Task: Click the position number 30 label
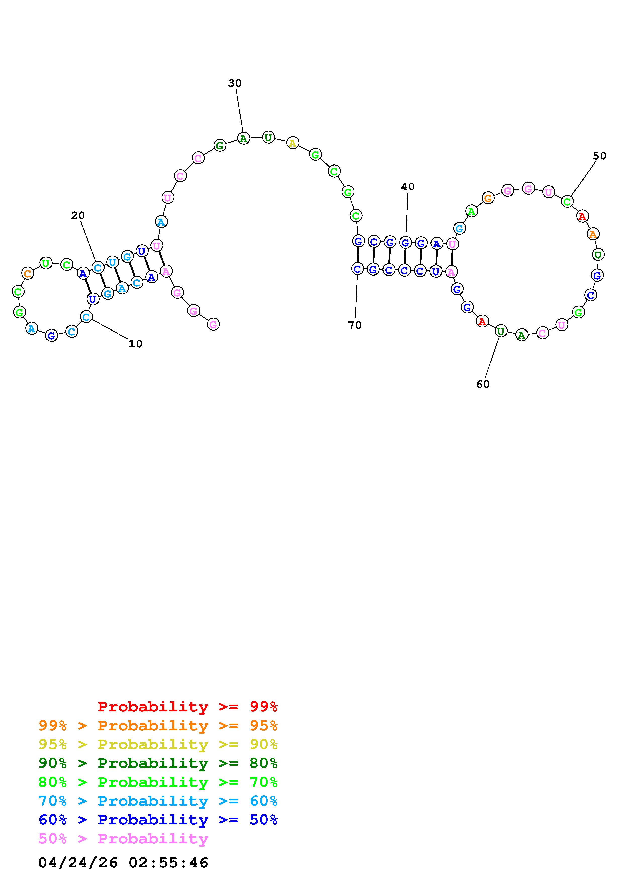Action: click(x=235, y=83)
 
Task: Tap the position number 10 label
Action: click(x=135, y=344)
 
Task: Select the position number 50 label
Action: click(x=599, y=156)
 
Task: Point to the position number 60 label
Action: click(x=483, y=384)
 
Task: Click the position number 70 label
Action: click(x=355, y=325)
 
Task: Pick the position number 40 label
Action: click(x=408, y=187)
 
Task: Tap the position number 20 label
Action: click(x=78, y=216)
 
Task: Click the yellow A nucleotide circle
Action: click(x=293, y=143)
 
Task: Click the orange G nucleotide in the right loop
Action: click(x=488, y=198)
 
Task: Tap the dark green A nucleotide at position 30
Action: click(x=243, y=138)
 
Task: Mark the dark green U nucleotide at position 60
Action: click(x=501, y=331)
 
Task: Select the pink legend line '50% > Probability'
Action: click(x=123, y=839)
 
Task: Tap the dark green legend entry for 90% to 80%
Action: click(x=158, y=763)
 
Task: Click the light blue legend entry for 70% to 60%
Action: click(x=158, y=801)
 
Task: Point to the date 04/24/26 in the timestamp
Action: click(x=78, y=863)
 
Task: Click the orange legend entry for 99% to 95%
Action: click(x=158, y=726)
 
